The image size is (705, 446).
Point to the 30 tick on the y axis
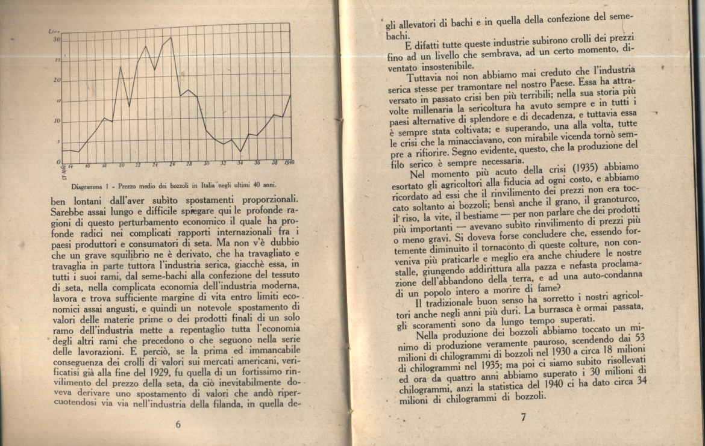coord(56,39)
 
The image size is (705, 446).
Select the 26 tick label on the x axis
coord(172,164)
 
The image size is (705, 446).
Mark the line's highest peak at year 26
coord(172,38)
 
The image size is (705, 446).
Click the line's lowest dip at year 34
coord(240,151)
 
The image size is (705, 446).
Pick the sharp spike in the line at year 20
coord(121,67)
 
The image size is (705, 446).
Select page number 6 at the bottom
coord(178,424)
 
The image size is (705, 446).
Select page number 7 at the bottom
coord(523,417)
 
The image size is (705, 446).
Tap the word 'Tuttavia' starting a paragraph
coord(425,79)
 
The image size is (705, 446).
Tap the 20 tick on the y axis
coord(56,80)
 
